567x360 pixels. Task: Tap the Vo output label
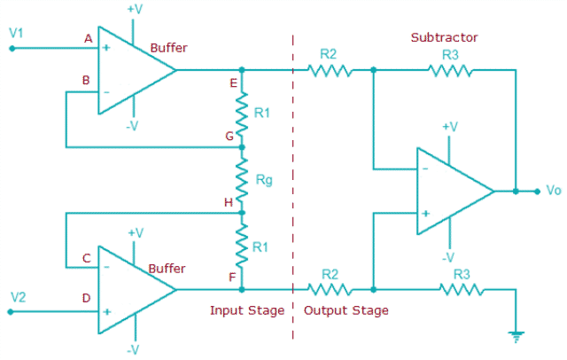coord(554,191)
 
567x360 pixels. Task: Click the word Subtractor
coord(444,37)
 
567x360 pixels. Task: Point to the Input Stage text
coord(246,310)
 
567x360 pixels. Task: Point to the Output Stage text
coord(346,310)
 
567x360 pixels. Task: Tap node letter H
coord(229,203)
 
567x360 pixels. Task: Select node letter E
coord(232,82)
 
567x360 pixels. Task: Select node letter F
coord(231,277)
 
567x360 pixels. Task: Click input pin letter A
coord(87,39)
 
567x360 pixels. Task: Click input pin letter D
coord(87,298)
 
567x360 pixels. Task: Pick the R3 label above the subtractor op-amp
coord(451,54)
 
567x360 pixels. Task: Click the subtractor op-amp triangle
coord(452,191)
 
